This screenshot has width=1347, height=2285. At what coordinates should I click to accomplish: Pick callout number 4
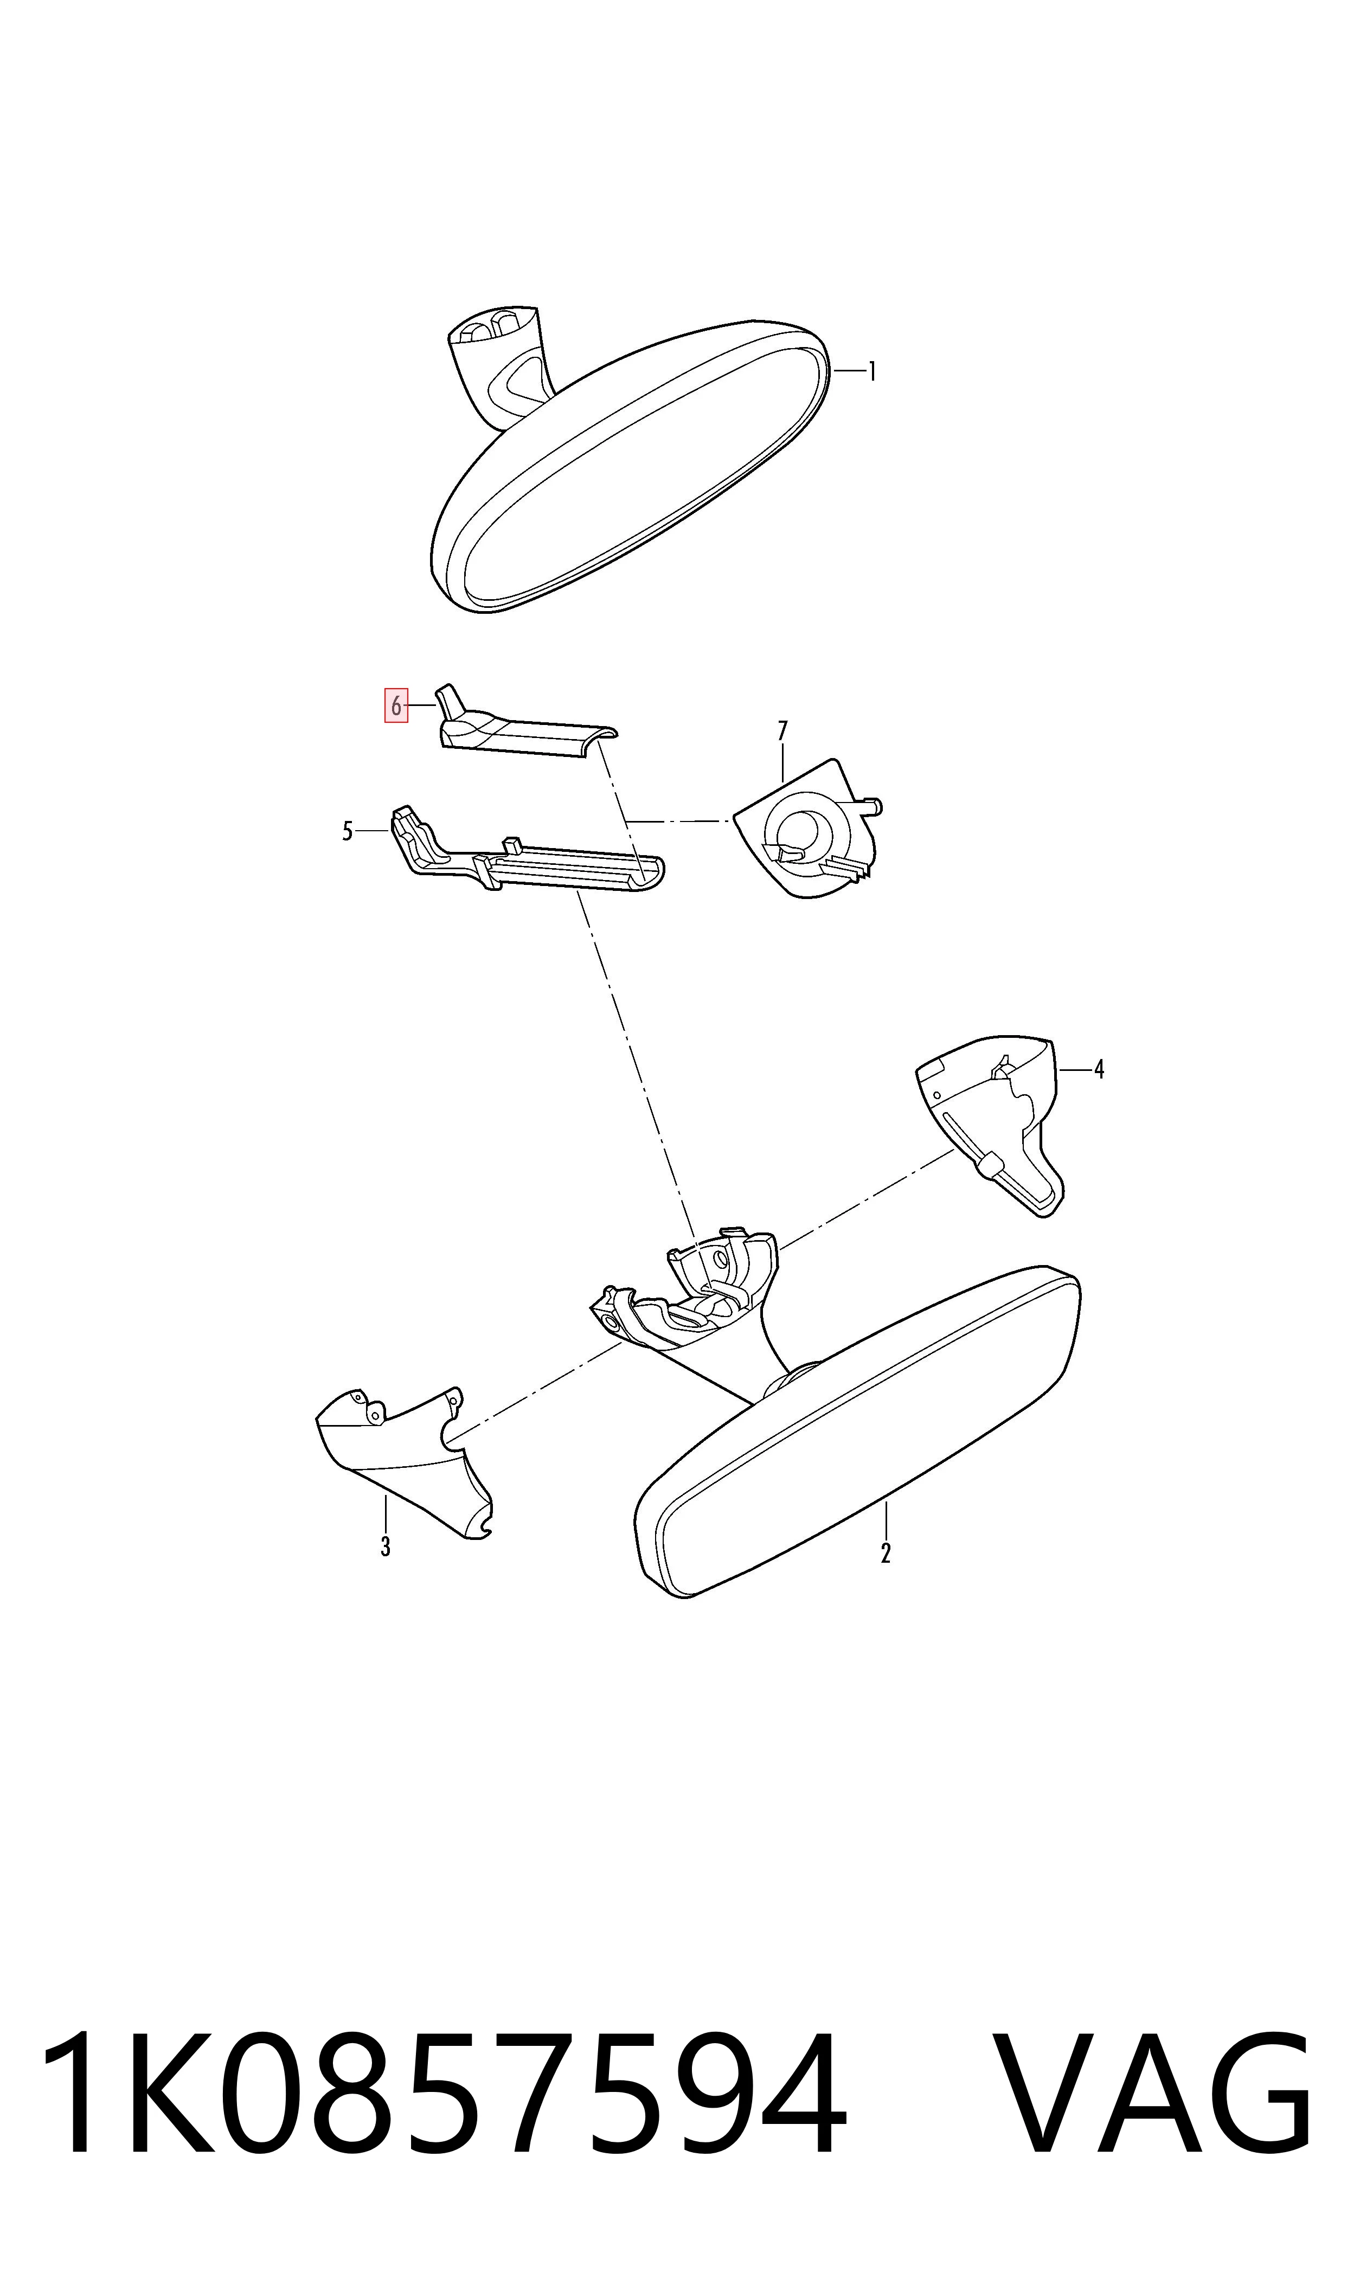coord(1099,1070)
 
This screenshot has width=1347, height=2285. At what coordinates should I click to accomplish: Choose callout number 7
coord(782,730)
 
